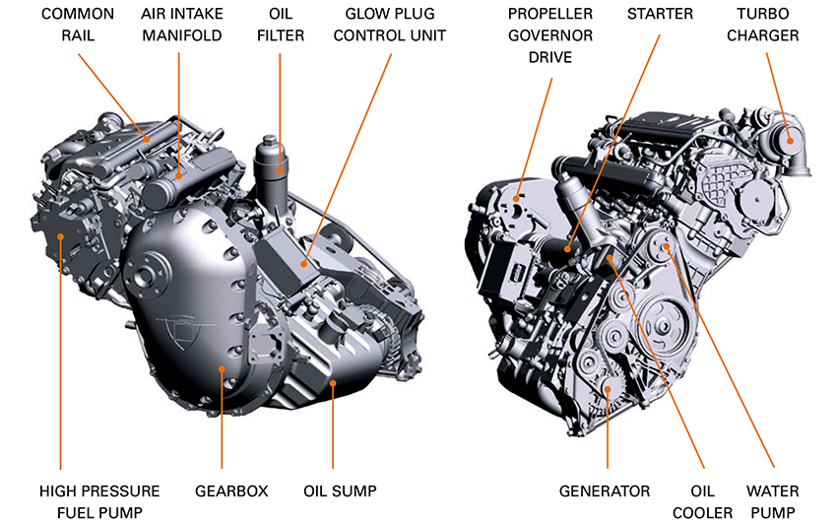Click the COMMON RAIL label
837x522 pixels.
(78, 25)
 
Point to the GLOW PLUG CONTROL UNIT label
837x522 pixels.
(395, 25)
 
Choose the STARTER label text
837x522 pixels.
(660, 14)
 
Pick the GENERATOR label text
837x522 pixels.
(605, 490)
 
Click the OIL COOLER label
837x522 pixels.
(703, 500)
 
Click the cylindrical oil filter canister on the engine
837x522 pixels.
(272, 167)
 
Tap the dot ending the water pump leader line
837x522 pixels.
(667, 245)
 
